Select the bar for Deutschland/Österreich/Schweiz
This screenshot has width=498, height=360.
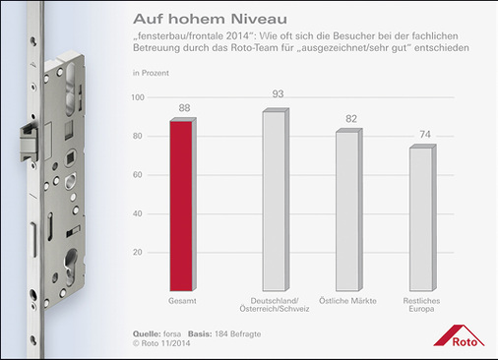(x=273, y=200)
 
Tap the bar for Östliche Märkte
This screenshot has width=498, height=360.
(x=347, y=210)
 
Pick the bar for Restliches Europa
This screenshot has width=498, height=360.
(x=420, y=218)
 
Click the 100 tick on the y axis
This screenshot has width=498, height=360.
(x=138, y=97)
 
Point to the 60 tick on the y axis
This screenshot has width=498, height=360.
(x=139, y=175)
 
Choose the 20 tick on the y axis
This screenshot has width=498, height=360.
(x=139, y=253)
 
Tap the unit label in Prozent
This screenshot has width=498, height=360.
(x=150, y=73)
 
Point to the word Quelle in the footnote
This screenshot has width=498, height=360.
(x=146, y=334)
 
